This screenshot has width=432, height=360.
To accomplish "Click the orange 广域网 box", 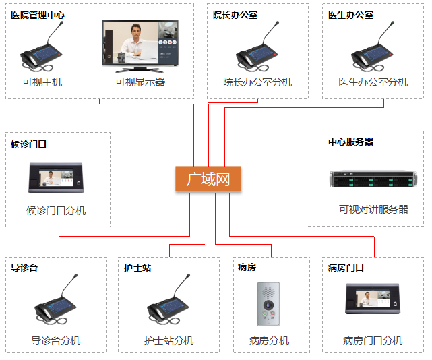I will pos(208,179).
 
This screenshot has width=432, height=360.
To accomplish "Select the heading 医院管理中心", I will pos(38,15).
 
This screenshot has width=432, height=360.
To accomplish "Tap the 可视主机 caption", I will pos(42,82).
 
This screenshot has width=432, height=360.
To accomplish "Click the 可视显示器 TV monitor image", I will pos(140,45).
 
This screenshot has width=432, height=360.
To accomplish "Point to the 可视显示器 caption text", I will pos(140,82).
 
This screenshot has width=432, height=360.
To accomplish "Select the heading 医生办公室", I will pos(350,15).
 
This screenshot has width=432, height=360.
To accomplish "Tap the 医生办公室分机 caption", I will pos(373,82).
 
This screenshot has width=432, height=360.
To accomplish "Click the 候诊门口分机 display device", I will pos(56,178).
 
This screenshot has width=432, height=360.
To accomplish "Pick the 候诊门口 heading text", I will pos(28,144).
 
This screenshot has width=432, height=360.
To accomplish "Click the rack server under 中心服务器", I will pos(369,180).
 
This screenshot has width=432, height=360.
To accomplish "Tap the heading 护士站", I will pos(137,268).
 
